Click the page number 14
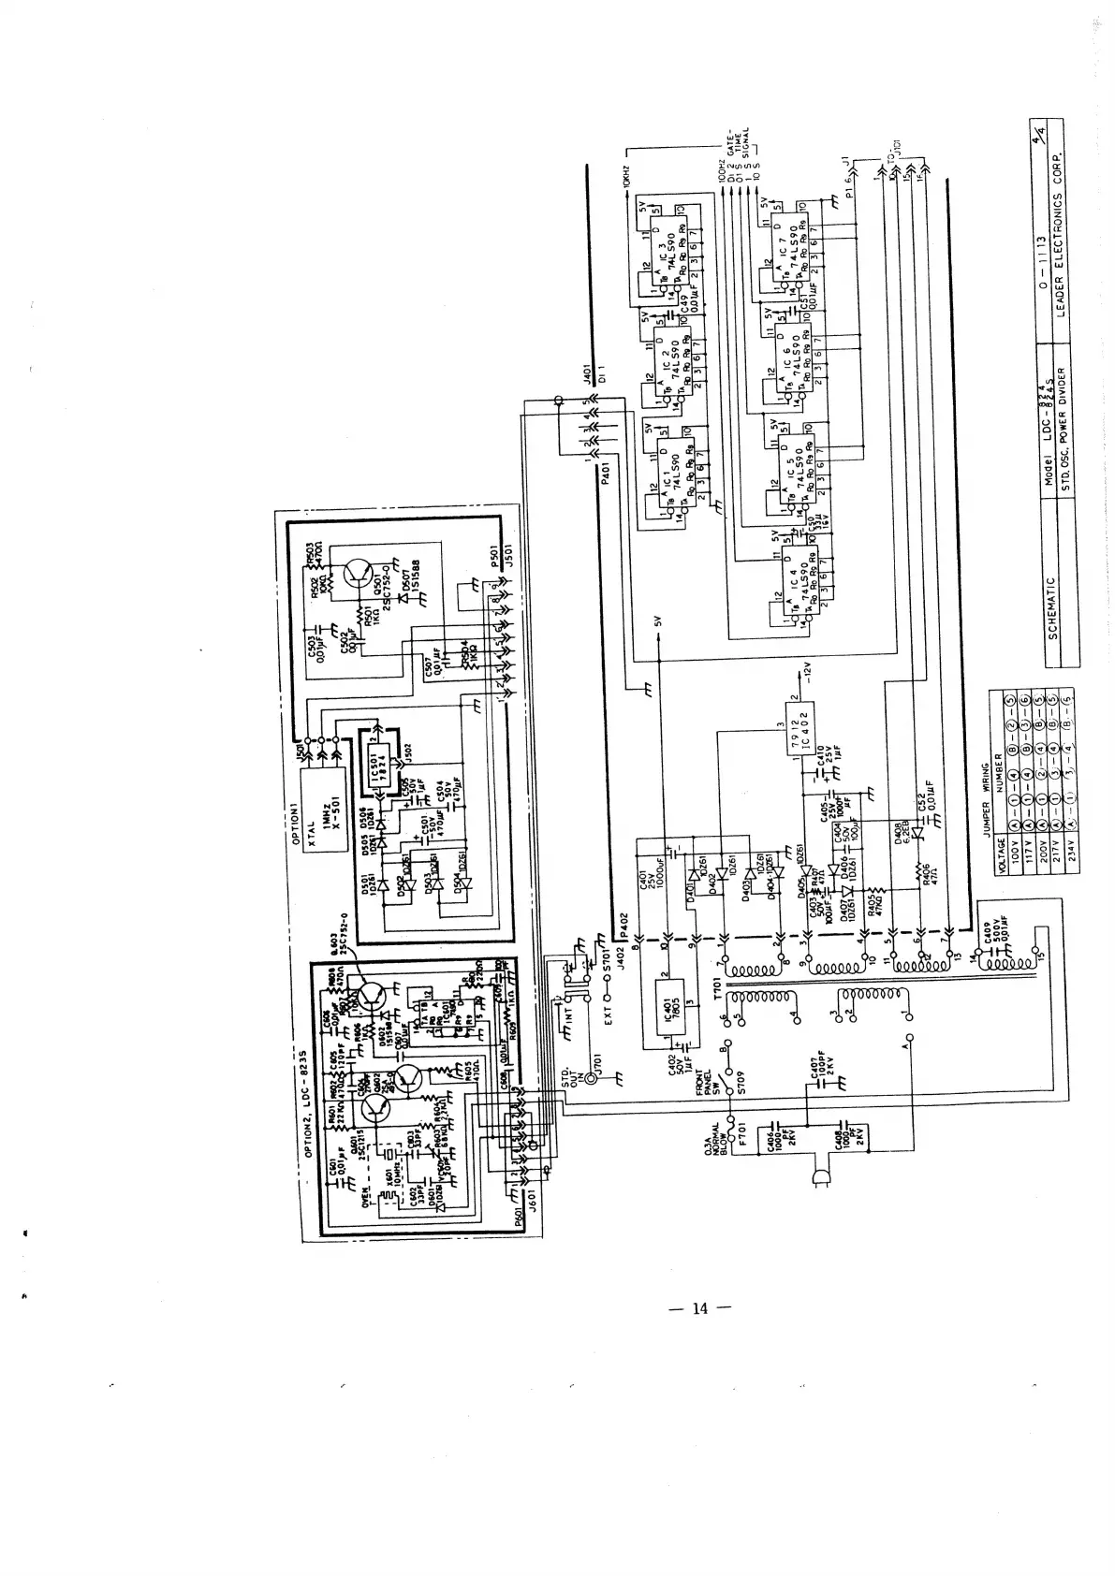[699, 1308]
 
